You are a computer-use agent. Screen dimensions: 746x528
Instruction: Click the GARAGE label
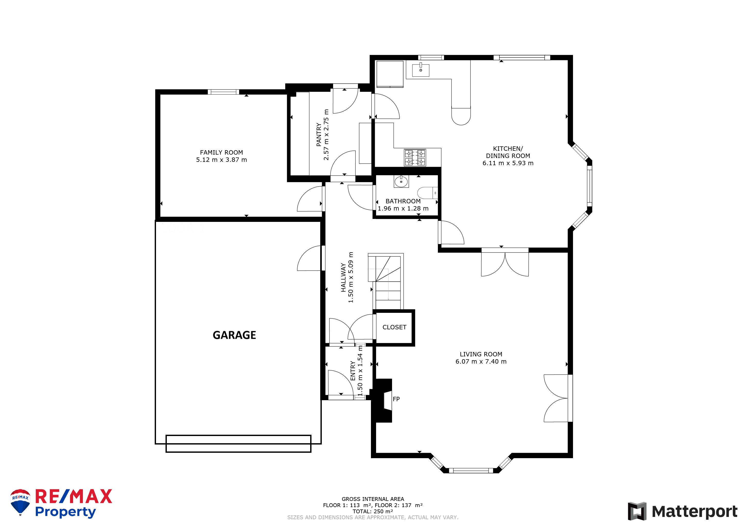234,335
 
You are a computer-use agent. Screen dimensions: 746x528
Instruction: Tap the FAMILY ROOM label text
221,153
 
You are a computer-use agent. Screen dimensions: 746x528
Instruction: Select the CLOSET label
394,327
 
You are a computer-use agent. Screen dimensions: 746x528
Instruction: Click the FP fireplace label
396,399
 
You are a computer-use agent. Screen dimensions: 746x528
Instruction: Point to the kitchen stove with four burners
415,157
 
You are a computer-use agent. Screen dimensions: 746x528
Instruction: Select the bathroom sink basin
401,181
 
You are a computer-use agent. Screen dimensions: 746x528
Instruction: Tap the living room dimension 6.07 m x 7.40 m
481,362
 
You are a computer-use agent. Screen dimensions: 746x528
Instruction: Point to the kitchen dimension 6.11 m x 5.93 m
508,163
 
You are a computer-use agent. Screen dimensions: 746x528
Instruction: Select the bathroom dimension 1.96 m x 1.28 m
403,208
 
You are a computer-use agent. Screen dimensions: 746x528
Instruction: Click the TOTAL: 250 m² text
373,512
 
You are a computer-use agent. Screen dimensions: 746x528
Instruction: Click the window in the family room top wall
223,92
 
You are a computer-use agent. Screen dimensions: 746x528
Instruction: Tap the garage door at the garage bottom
238,444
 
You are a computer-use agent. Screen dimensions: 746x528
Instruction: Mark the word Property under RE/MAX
65,512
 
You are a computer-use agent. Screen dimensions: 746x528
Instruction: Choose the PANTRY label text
319,134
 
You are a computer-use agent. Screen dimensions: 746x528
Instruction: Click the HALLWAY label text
343,278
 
